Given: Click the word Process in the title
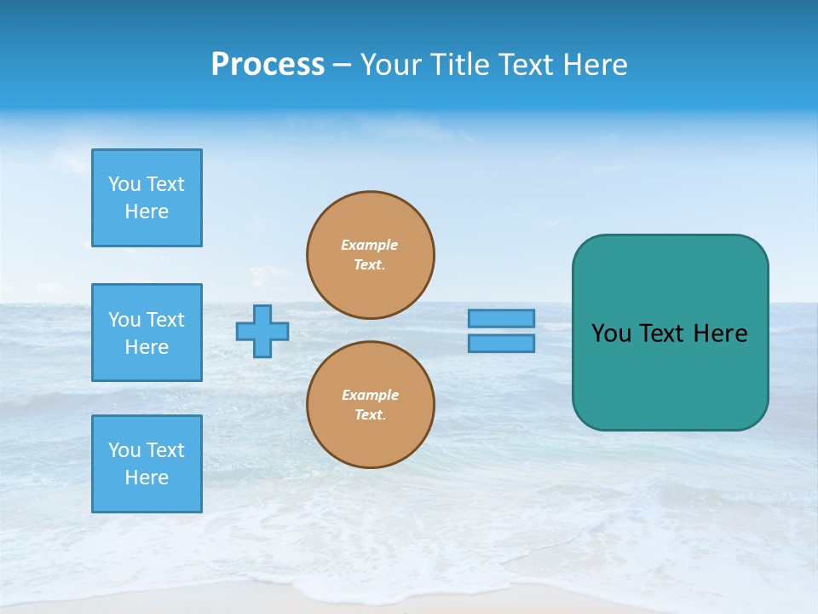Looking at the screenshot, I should click(268, 65).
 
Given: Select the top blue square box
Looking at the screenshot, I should click(147, 198).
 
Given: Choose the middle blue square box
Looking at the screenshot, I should click(147, 333).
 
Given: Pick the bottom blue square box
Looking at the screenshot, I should click(147, 464).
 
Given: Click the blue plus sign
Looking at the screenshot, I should click(262, 331).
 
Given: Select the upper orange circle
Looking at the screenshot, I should click(371, 255).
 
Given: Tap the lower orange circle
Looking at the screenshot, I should click(371, 404).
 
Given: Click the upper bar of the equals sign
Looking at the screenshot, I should click(501, 318).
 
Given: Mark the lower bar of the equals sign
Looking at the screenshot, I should click(501, 343).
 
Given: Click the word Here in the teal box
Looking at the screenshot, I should click(720, 333).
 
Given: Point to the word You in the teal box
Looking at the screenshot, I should click(611, 333).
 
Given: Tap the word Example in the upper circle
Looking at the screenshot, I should click(370, 245).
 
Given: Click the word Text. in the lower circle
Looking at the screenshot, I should click(370, 415).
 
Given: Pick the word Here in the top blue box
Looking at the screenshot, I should click(147, 211).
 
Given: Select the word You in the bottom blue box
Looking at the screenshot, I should click(124, 450).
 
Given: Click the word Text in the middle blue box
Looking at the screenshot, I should click(165, 320).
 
